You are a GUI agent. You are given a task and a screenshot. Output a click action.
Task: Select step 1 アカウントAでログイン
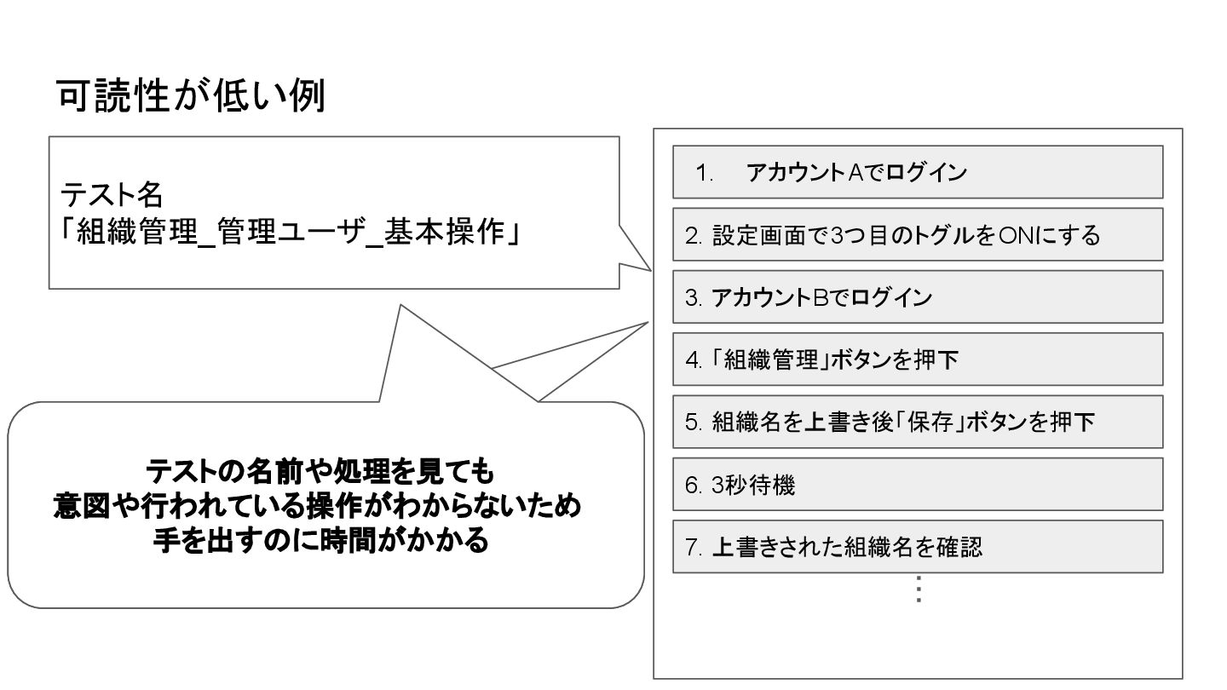click(918, 172)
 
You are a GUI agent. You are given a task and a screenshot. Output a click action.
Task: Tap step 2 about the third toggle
click(918, 234)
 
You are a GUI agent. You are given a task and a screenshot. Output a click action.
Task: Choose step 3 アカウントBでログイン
click(918, 297)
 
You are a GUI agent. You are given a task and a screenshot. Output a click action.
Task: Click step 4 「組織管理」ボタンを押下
click(918, 359)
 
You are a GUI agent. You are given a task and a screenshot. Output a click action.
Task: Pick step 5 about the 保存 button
click(918, 422)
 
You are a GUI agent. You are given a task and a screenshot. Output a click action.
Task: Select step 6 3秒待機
click(918, 484)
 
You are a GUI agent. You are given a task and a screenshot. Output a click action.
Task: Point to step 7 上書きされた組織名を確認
click(918, 547)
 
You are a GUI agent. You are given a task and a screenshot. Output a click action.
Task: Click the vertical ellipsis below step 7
click(919, 589)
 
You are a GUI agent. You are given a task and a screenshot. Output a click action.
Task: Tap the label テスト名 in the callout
click(111, 195)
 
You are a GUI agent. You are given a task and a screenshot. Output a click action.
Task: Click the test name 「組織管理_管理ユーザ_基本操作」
click(290, 232)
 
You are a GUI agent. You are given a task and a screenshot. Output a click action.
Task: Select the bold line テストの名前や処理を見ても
click(320, 470)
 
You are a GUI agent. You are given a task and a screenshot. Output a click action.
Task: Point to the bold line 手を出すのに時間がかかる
click(320, 540)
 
